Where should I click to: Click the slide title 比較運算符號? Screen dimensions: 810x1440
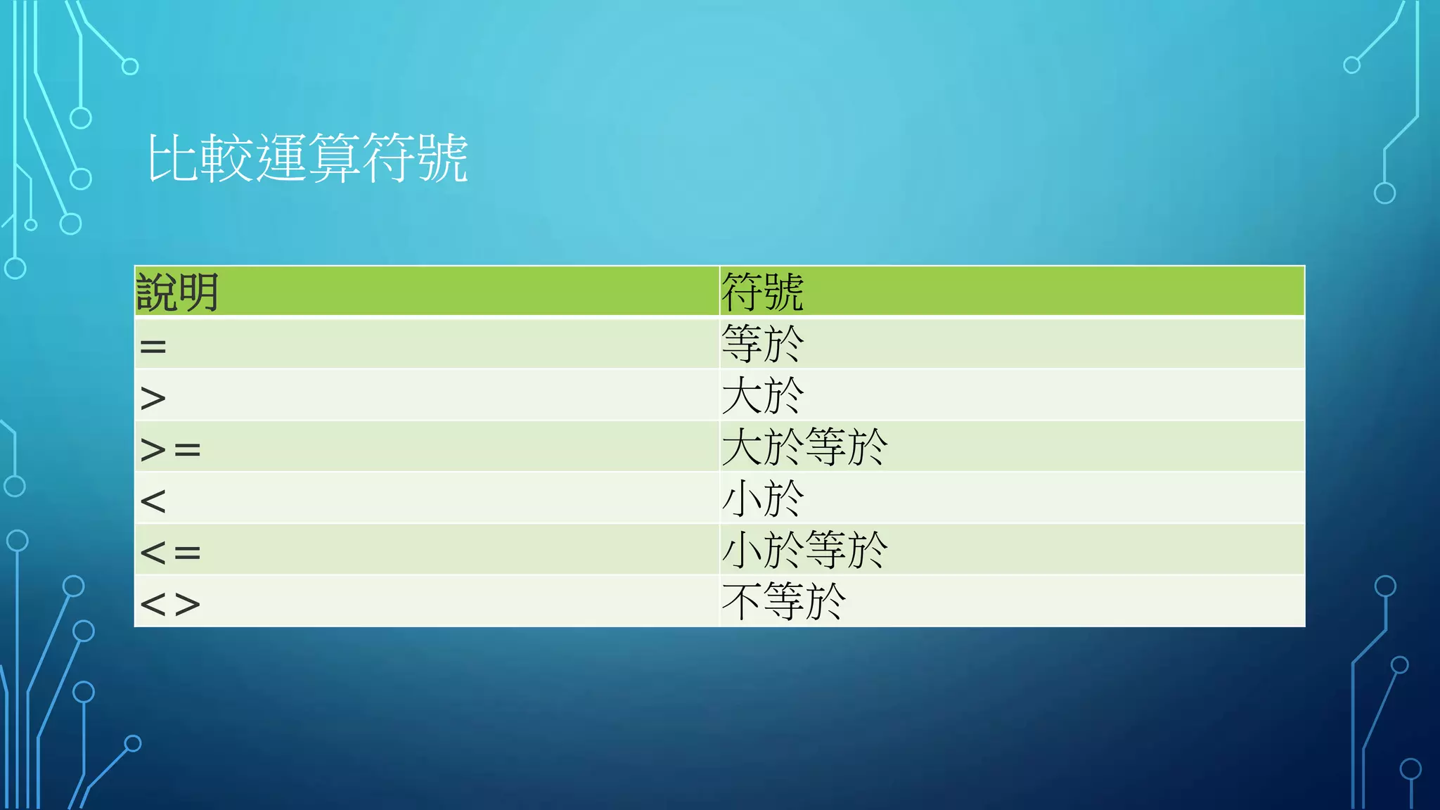pos(307,158)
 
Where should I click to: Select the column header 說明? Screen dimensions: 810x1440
pos(177,292)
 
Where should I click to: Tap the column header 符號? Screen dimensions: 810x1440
pos(762,292)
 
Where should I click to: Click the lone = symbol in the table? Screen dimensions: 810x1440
pos(153,346)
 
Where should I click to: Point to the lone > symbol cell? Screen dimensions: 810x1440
pos(153,398)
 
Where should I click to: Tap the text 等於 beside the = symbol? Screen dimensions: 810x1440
pos(763,344)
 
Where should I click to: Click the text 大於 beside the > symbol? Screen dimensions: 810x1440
pos(763,396)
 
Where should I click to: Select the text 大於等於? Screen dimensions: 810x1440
pos(804,447)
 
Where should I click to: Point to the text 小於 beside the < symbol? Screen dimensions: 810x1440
pos(763,499)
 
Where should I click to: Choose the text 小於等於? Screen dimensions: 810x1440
pos(804,550)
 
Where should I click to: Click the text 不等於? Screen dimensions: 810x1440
pos(783,601)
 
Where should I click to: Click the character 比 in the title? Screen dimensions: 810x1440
pos(172,158)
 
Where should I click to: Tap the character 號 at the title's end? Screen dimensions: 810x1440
pos(442,158)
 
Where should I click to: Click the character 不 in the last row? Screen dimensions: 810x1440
pos(742,601)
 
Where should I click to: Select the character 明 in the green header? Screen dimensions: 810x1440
pos(198,292)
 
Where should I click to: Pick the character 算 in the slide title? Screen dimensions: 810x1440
pos(334,158)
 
